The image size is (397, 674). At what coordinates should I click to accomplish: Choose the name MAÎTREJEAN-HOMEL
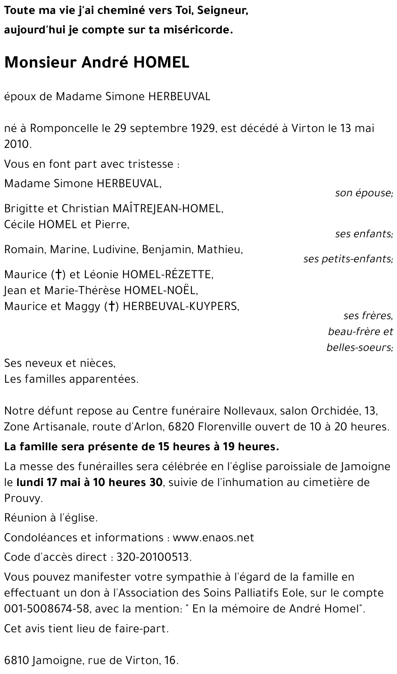(168, 209)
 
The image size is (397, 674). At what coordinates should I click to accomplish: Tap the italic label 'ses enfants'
(364, 234)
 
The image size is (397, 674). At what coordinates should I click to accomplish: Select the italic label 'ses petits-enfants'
(348, 259)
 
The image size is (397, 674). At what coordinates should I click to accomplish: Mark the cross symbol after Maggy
(112, 306)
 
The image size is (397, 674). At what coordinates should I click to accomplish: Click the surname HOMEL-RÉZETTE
(168, 275)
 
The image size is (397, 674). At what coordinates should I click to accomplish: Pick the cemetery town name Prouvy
(23, 498)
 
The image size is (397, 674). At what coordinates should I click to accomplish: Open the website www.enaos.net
(213, 538)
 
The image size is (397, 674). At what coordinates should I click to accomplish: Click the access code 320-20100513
(153, 557)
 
